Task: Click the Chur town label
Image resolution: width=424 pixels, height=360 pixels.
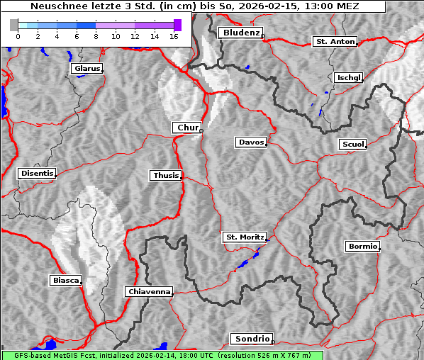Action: pos(187,128)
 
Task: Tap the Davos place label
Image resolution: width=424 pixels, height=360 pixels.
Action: pos(251,142)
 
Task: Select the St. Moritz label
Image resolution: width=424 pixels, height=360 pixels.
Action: pos(244,237)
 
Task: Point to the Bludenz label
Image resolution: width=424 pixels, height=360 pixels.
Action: pos(240,33)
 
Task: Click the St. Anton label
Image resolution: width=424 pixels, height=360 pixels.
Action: pos(335,42)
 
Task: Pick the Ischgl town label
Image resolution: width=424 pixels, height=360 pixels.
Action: pos(348,77)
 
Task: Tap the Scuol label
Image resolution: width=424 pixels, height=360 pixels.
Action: pos(352,145)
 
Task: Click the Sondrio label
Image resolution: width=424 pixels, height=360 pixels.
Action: pos(251,339)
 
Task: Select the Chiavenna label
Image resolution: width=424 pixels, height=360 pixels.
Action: pos(149,291)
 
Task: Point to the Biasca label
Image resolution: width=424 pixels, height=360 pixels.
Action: pos(66,280)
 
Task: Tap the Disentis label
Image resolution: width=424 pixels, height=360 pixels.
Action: pos(36,174)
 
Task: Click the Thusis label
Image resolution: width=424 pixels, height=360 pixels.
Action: pos(166,175)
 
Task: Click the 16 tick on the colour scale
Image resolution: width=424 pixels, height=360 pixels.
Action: pos(173,36)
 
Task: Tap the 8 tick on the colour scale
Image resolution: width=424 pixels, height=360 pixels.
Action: pos(96,36)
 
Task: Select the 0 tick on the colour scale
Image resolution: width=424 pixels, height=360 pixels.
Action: pos(18,36)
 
